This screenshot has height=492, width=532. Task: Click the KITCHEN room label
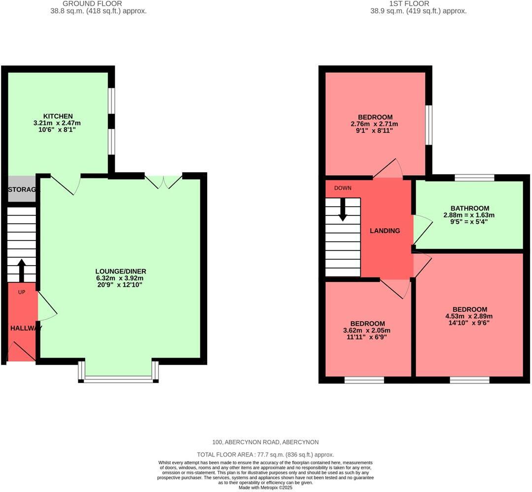click(x=61, y=116)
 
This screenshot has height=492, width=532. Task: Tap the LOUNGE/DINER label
click(x=121, y=271)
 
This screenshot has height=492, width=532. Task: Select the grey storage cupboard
click(x=22, y=189)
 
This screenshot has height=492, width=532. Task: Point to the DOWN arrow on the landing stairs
click(x=343, y=209)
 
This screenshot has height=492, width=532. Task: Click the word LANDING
click(x=385, y=231)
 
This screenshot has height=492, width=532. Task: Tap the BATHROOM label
click(x=469, y=208)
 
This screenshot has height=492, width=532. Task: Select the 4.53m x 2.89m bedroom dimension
click(x=469, y=316)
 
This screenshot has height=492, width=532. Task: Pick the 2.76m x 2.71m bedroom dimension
click(x=375, y=124)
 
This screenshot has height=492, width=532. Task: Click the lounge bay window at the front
click(x=118, y=379)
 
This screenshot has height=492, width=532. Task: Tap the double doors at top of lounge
click(x=164, y=181)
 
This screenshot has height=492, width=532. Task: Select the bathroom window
click(x=474, y=178)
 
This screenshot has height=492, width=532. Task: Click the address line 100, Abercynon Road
click(x=265, y=442)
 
